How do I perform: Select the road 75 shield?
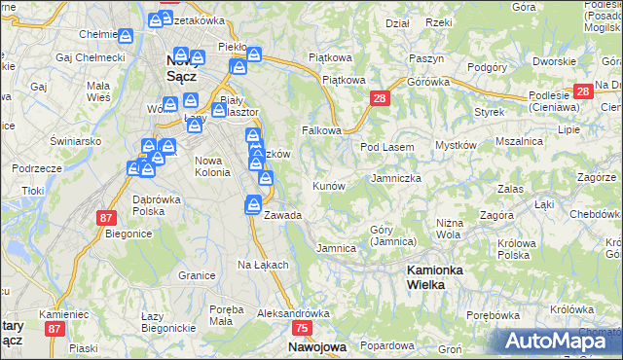pos(301,329)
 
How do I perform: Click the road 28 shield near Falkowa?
pos(380,98)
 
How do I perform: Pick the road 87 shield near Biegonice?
pos(106,218)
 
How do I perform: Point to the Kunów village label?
pos(328,185)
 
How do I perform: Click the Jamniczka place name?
pos(396,179)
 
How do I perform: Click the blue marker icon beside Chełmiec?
pos(126,36)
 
